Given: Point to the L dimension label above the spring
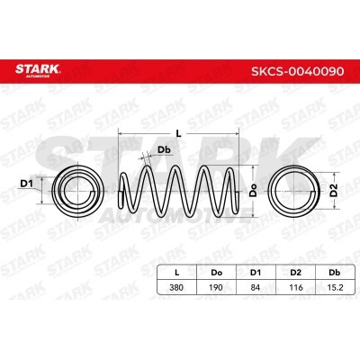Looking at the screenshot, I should (179, 132).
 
